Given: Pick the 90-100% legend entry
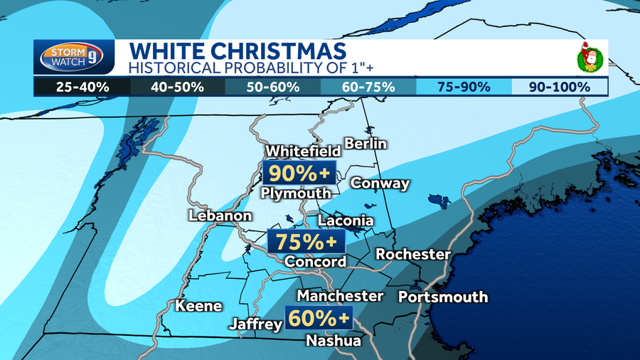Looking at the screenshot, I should (x=560, y=88).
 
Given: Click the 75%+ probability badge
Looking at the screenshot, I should (x=306, y=242).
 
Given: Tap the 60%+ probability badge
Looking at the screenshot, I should (x=319, y=318).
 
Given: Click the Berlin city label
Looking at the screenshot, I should (x=365, y=144).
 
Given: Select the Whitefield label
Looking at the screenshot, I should (x=303, y=152).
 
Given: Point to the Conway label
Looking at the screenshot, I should (x=380, y=184).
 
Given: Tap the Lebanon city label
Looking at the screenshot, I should (x=220, y=216).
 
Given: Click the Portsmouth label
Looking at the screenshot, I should (x=442, y=297).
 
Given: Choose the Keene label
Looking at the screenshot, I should (x=198, y=307).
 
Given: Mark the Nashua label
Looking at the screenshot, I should (x=333, y=341).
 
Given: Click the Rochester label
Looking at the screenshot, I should (x=412, y=254).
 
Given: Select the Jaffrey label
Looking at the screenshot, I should (x=255, y=324).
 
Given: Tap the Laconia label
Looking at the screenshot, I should (x=345, y=221).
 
